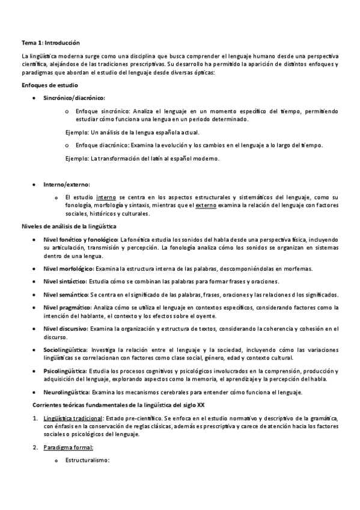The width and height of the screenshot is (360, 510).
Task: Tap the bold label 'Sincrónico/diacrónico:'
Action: click(x=74, y=98)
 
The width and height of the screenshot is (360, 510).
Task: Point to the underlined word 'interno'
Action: click(x=106, y=197)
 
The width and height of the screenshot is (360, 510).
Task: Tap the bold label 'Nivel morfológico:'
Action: click(x=69, y=268)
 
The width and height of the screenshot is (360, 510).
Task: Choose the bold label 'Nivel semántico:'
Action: click(x=66, y=294)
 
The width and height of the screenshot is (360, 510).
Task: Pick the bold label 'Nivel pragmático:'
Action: click(x=67, y=307)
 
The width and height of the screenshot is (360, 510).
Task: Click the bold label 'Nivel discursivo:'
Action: click(x=66, y=328)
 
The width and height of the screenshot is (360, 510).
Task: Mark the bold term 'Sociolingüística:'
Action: click(x=66, y=349)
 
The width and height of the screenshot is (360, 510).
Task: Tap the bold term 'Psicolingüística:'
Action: click(x=66, y=371)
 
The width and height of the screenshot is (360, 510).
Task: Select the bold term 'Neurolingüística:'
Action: click(x=67, y=392)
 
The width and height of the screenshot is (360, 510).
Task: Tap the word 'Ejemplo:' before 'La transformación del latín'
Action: click(x=76, y=158)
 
